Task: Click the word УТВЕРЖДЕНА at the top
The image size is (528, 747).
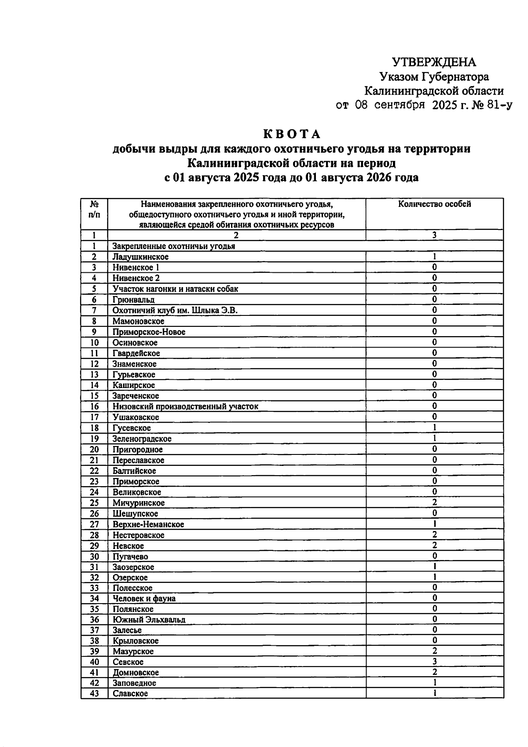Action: point(434,62)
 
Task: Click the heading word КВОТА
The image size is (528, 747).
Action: point(292,134)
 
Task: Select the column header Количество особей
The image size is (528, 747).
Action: point(434,204)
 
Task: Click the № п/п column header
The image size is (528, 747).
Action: point(94,209)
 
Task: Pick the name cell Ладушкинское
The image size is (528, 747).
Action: point(140,257)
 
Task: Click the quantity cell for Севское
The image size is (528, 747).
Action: point(434,662)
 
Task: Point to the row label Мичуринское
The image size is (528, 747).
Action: point(138,503)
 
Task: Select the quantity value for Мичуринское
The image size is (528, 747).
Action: point(434,502)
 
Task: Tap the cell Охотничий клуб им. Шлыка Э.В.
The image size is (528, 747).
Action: point(175,311)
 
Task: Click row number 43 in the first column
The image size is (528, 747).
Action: point(94,693)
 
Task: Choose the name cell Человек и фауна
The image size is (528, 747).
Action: point(144,598)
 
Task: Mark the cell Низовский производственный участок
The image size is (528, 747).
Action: point(185,406)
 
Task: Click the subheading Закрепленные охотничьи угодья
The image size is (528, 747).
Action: point(173,246)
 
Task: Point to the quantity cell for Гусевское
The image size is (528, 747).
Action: point(434,428)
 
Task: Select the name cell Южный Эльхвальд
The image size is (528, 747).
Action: point(149,619)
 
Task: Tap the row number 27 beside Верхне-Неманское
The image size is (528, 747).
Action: point(94,524)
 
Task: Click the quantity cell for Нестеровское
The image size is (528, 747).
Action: point(434,535)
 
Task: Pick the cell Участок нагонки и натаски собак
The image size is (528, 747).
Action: point(175,289)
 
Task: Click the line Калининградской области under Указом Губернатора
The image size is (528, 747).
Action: point(434,91)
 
